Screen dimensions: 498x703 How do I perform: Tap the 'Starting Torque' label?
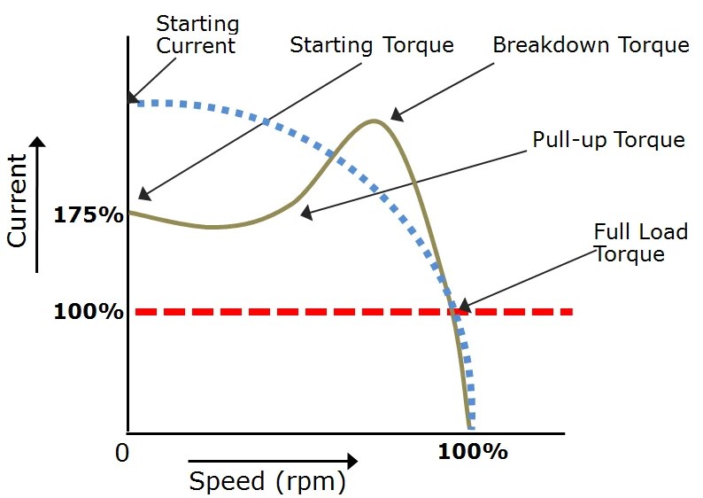click(x=372, y=44)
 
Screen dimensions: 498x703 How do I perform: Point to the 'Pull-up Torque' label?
click(x=608, y=140)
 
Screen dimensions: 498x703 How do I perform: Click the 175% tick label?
click(x=89, y=214)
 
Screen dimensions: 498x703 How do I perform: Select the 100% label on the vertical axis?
click(x=89, y=312)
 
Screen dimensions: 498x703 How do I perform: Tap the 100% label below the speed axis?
click(x=473, y=451)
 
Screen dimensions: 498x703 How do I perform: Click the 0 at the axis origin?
click(x=123, y=451)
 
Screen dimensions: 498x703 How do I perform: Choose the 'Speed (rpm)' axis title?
click(x=267, y=481)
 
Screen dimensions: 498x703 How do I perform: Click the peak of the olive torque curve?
click(x=375, y=121)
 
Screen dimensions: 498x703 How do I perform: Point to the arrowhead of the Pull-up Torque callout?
click(x=305, y=214)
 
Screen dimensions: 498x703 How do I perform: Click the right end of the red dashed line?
click(x=570, y=312)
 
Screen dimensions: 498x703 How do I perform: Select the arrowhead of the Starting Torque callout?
click(x=144, y=195)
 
